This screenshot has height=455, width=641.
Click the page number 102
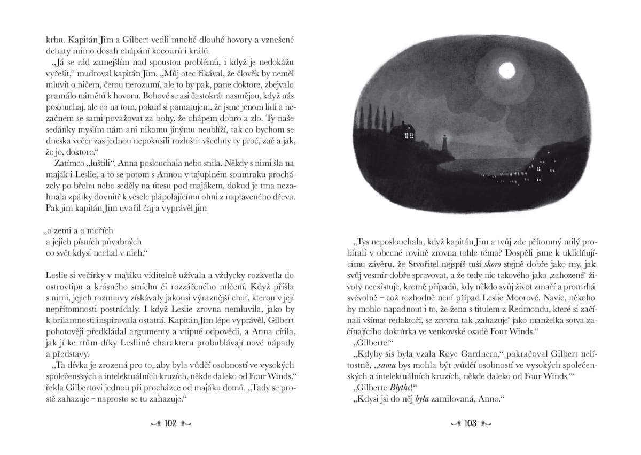170,423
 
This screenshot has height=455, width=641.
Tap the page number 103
470,423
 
